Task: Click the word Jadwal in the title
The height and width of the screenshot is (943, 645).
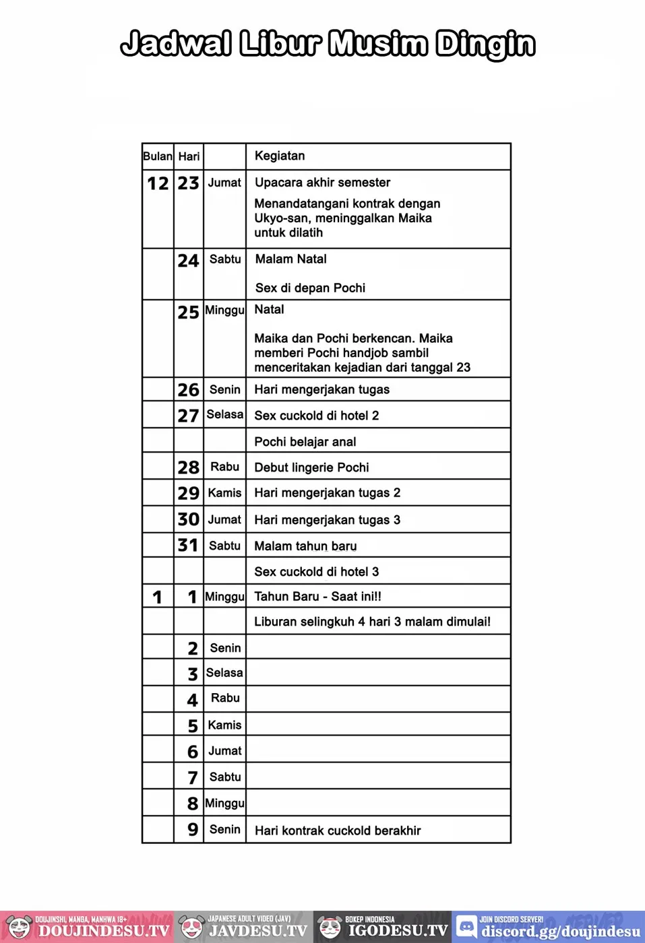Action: [x=177, y=44]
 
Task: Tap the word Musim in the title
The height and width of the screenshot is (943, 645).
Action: [x=378, y=44]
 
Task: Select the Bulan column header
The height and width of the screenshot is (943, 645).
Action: [x=158, y=156]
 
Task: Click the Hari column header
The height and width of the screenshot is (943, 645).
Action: [x=189, y=156]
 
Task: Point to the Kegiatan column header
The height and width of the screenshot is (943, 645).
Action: [x=280, y=156]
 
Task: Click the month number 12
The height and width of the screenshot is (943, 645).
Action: [x=158, y=183]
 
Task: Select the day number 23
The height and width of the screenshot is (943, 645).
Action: [x=189, y=183]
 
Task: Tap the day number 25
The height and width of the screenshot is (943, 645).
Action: [x=189, y=312]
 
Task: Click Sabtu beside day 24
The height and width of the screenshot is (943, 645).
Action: [x=225, y=259]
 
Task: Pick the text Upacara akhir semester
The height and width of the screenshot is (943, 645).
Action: [x=322, y=183]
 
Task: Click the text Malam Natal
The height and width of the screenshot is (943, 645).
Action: [x=290, y=259]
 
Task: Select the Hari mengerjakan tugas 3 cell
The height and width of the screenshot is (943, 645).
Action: [x=327, y=520]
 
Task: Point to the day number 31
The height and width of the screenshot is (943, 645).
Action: [x=188, y=545]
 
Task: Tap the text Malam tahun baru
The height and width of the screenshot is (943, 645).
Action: [x=305, y=546]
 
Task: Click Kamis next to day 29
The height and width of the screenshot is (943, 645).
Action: [x=224, y=493]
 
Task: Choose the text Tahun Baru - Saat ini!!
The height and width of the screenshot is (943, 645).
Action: [x=317, y=596]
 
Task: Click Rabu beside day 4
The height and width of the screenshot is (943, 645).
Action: [x=225, y=698]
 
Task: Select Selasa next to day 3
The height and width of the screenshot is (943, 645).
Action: [x=224, y=672]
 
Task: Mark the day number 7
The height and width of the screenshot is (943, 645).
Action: [x=193, y=777]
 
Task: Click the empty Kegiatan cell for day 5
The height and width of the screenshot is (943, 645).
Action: [x=378, y=724]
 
